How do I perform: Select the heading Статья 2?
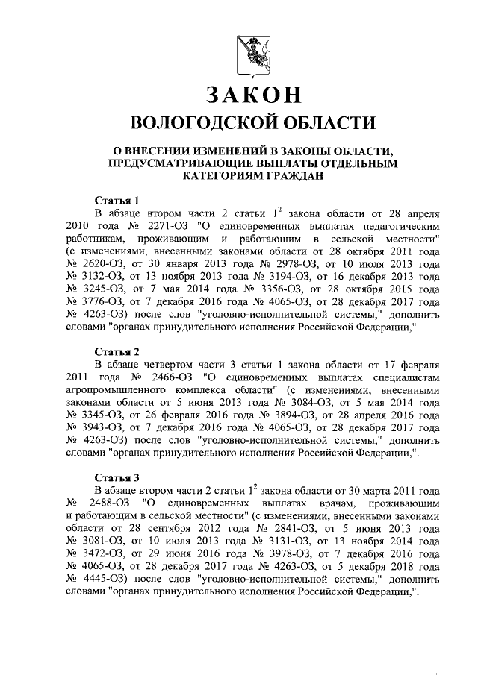click(x=118, y=351)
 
